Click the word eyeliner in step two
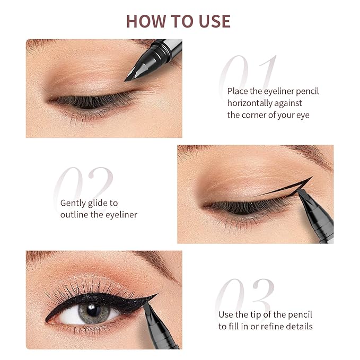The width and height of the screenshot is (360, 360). (120, 214)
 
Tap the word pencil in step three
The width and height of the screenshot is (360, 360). (300, 314)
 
